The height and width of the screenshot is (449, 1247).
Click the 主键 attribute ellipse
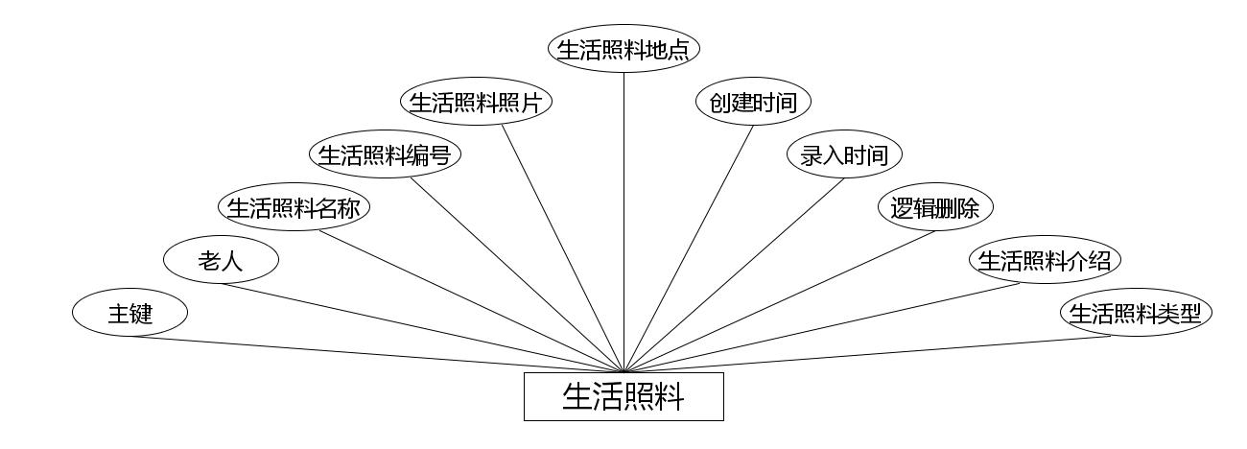pos(129,313)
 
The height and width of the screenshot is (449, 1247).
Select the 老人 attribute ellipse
pos(221,260)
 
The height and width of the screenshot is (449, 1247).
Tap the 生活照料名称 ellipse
pos(294,207)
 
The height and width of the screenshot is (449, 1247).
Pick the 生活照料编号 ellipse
pos(385,154)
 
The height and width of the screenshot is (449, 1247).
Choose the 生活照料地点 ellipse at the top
pos(623,49)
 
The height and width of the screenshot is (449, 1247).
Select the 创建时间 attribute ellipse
pos(753,102)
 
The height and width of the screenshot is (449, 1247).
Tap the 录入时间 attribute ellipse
pos(844,154)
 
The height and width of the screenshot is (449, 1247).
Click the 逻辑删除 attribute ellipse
pos(935,207)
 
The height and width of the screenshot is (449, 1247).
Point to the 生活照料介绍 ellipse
pos(1045,260)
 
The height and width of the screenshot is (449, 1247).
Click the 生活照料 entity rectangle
pos(623,396)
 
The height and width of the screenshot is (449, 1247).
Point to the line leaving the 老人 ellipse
pos(422,327)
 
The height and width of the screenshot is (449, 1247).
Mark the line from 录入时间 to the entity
pos(734,273)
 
